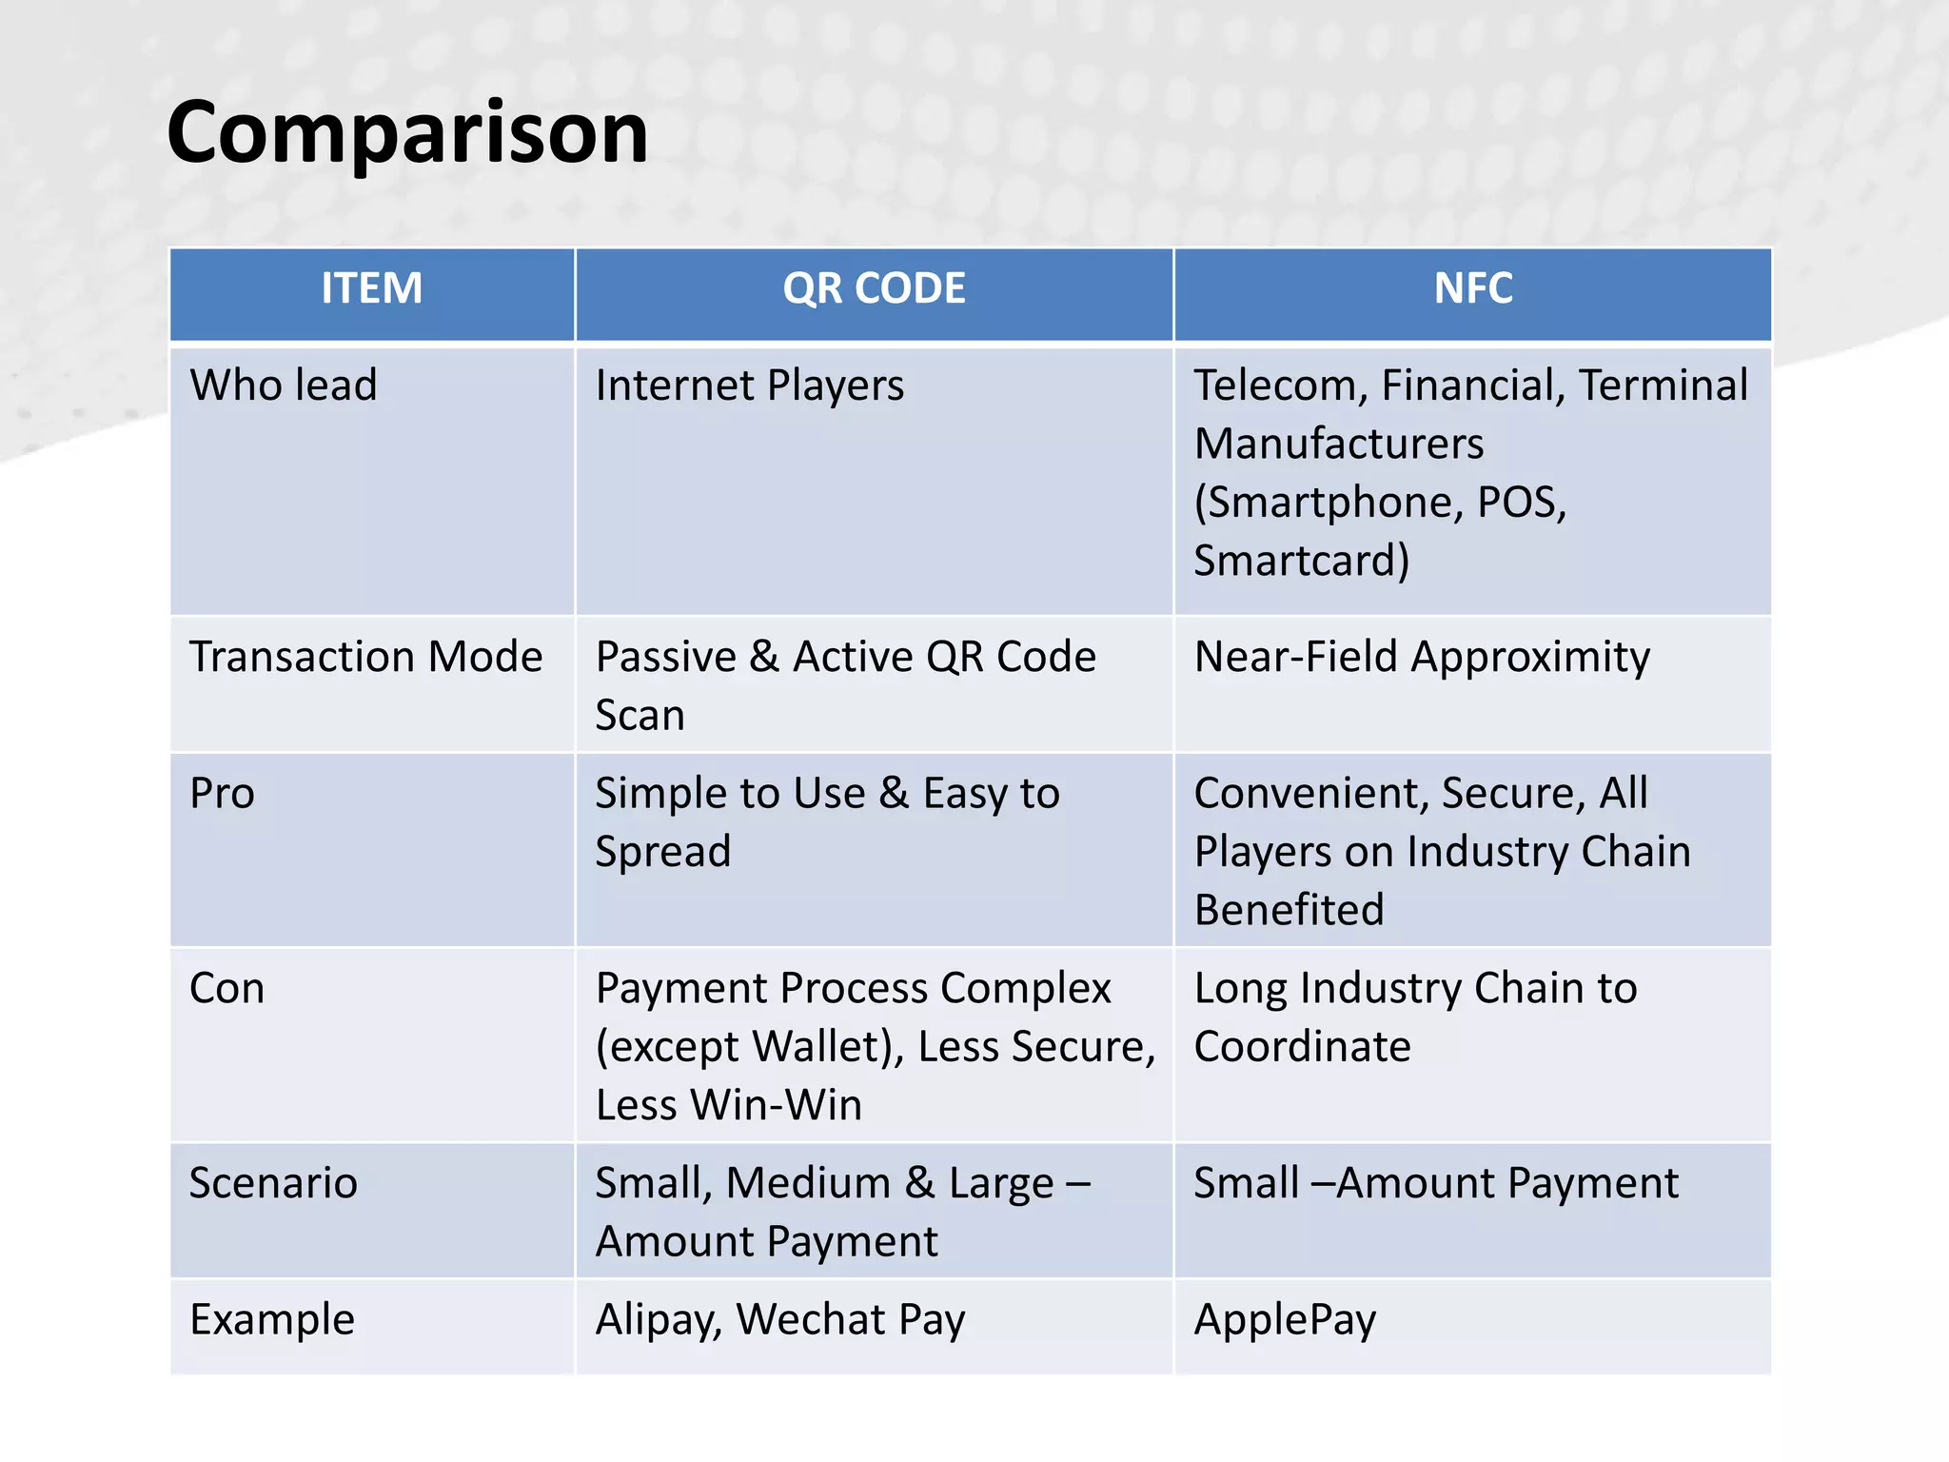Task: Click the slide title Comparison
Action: (407, 132)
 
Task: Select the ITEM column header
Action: (371, 288)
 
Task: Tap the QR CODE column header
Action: (874, 288)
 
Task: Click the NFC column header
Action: (1472, 288)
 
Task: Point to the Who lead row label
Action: (284, 385)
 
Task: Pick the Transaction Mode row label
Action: (365, 657)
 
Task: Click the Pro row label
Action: (222, 793)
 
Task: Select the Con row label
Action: (226, 988)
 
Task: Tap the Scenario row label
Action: (273, 1183)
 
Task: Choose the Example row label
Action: (272, 1319)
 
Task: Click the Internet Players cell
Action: (749, 385)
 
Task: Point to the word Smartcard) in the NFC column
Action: (1301, 561)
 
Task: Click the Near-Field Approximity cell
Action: (1422, 657)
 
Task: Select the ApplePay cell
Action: (1285, 1320)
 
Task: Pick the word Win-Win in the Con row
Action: (777, 1105)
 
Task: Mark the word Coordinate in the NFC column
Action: (1302, 1047)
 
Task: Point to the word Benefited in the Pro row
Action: (1289, 910)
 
